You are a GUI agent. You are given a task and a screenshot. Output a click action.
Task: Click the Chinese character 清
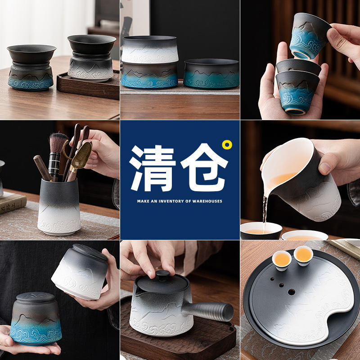(x=152, y=168)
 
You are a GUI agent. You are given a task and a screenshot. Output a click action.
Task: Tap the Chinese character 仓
(x=204, y=167)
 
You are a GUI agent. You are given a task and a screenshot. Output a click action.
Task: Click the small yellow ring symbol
(x=227, y=145)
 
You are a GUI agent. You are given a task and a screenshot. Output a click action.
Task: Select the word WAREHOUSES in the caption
(x=207, y=201)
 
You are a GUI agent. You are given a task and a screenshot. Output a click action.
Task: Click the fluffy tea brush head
(x=58, y=143)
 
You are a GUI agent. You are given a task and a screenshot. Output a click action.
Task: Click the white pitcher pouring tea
(x=301, y=179)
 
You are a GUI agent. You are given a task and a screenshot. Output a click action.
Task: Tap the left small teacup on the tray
(x=282, y=260)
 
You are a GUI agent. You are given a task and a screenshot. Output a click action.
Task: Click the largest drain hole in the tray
(x=291, y=292)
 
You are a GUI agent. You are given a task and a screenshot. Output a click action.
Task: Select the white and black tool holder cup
(x=59, y=206)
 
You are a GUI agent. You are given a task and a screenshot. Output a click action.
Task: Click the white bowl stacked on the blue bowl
(x=150, y=49)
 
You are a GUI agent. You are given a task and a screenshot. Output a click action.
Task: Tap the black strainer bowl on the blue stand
(x=31, y=54)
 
